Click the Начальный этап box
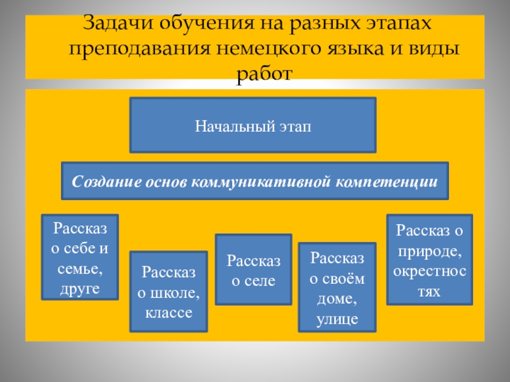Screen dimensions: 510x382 pos(253,125)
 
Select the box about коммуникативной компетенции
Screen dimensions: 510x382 pos(254,181)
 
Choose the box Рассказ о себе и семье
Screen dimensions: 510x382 pos(80,257)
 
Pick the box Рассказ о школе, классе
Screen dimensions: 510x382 pos(168,291)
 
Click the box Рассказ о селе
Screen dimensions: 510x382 pos(253,269)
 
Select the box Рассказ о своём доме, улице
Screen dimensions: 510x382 pos(337,286)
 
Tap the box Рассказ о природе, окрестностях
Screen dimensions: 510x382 pos(430,258)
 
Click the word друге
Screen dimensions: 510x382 pos(80,289)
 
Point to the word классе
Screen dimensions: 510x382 pos(169,313)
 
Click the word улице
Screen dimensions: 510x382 pos(337,319)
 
